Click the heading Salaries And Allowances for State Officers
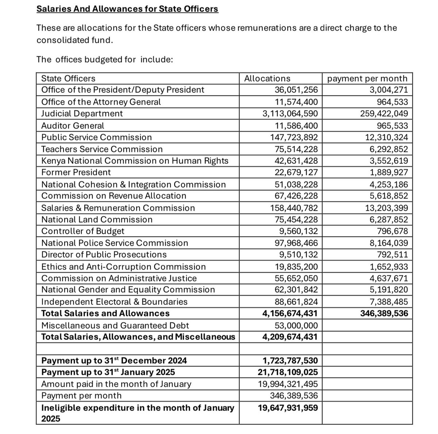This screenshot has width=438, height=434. pos(127,8)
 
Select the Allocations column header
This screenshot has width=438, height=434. pos(267,79)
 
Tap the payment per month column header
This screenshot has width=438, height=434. pos(367,79)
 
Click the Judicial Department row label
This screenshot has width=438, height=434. pos(82,114)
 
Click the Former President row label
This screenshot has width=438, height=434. pos(76,172)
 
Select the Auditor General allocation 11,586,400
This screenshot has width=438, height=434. pos(296,126)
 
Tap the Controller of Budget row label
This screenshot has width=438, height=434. pos(83,231)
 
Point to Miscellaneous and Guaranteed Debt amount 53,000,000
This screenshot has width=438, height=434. pos(296,325)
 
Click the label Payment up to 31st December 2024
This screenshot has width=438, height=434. pos(114,361)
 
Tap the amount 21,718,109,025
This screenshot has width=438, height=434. pos(288,372)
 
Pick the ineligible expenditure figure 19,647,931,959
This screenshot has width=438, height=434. pos(288,408)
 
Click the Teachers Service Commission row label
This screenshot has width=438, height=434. pos(102,149)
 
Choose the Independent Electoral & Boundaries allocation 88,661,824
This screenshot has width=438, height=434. pos(296,302)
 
